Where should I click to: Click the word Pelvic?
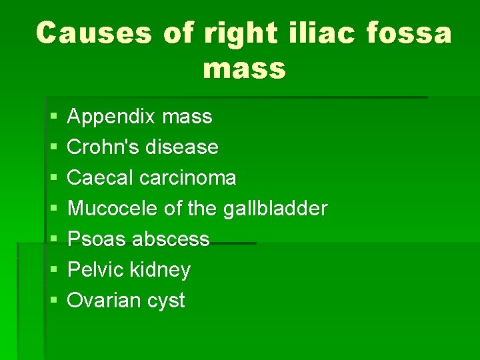[x=96, y=270]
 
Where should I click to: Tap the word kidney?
[x=161, y=270]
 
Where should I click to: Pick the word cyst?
[x=166, y=301]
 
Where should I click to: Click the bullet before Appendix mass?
[x=52, y=118]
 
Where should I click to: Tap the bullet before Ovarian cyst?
[x=52, y=301]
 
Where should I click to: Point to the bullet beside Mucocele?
[x=52, y=209]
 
